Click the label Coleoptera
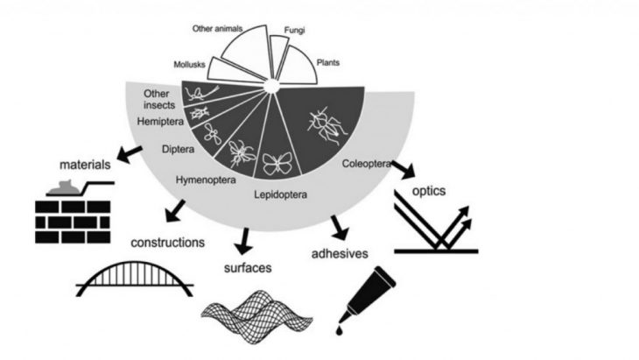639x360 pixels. [x=365, y=162]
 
